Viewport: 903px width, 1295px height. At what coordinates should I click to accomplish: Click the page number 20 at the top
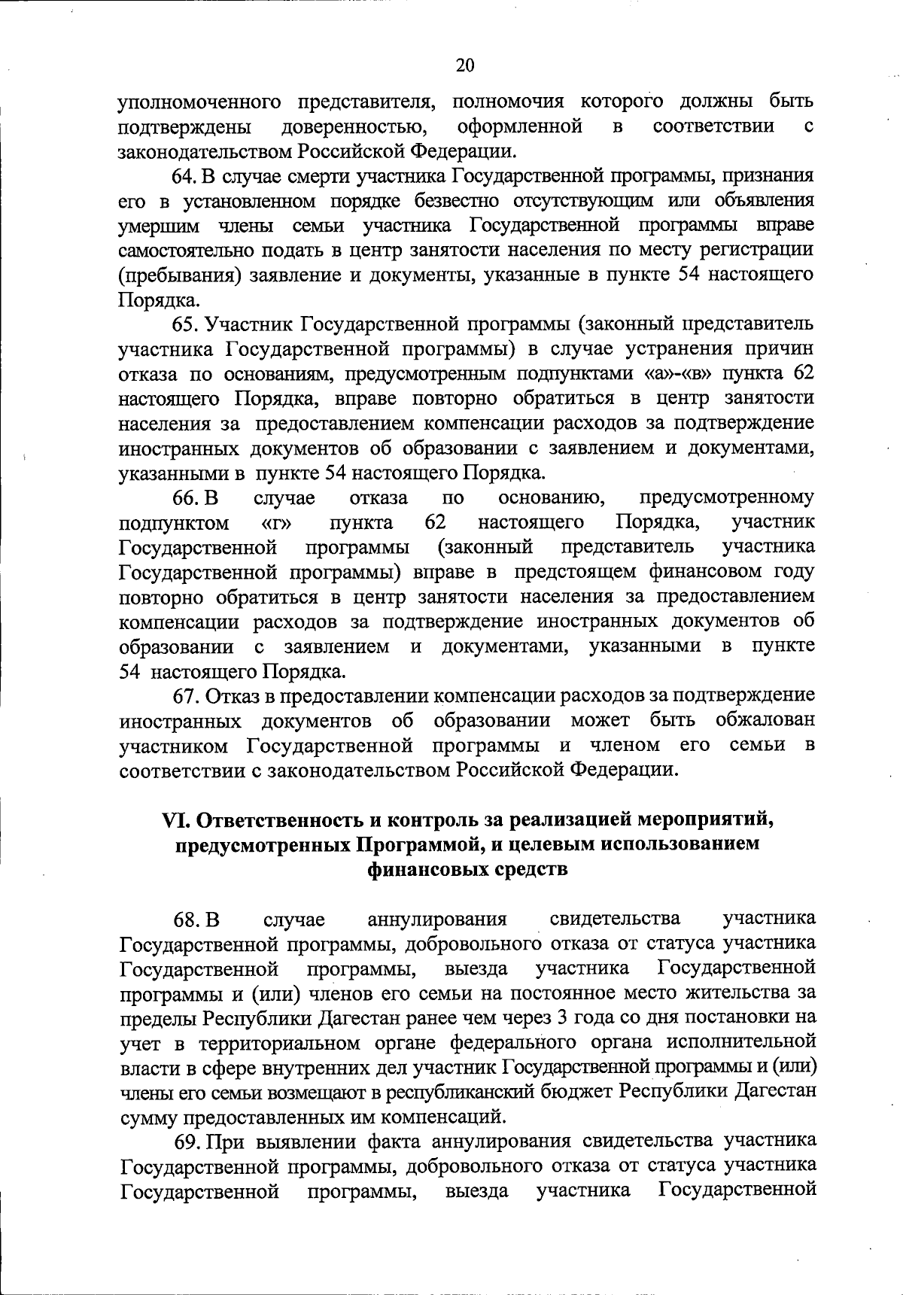pyautogui.click(x=465, y=65)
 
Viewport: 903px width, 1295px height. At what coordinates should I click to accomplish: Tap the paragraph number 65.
pyautogui.click(x=185, y=324)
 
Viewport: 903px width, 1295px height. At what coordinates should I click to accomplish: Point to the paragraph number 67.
pyautogui.click(x=185, y=696)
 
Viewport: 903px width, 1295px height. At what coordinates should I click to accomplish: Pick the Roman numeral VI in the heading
pyautogui.click(x=177, y=819)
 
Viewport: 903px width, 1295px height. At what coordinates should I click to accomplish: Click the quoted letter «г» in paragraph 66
pyautogui.click(x=277, y=522)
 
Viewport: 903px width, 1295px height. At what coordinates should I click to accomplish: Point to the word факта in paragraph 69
pyautogui.click(x=393, y=1141)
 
